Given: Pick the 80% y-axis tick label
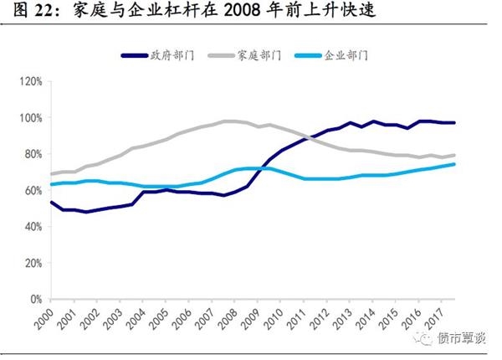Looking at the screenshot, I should pyautogui.click(x=32, y=154).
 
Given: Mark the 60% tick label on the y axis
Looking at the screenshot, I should pyautogui.click(x=32, y=190).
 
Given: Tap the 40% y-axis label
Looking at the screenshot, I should pyautogui.click(x=32, y=226).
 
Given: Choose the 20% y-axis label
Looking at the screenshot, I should pyautogui.click(x=32, y=262).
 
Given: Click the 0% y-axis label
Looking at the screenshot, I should pyautogui.click(x=34, y=298).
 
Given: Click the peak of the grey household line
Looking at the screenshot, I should pyautogui.click(x=228, y=121).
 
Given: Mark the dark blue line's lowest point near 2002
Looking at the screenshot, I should pyautogui.click(x=86, y=212).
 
